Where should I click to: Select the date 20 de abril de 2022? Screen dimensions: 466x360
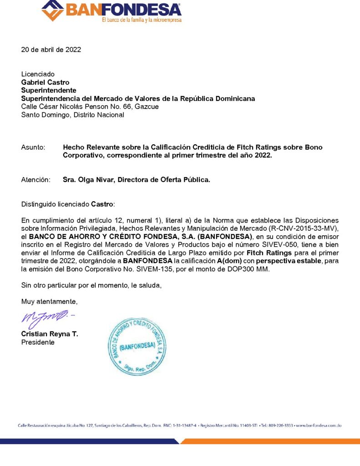coord(51,50)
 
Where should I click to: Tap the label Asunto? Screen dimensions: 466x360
coord(33,147)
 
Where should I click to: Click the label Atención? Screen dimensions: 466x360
coord(35,180)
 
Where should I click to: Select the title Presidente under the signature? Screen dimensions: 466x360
coord(38,342)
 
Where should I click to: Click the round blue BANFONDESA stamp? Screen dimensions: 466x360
coord(138,345)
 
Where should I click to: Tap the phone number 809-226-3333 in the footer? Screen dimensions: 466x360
coord(280,425)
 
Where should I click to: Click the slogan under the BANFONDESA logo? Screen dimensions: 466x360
coord(142,20)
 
